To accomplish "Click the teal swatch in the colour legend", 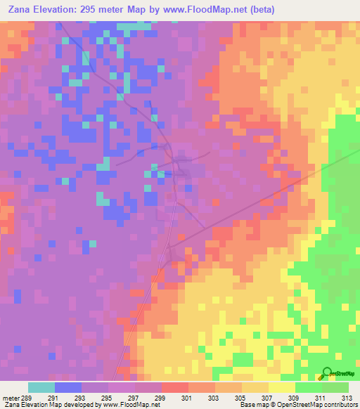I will coord(41,387).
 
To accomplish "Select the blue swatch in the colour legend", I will coord(68,387).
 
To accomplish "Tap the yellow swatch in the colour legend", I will coord(282,387).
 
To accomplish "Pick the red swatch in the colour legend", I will coord(175,387).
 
